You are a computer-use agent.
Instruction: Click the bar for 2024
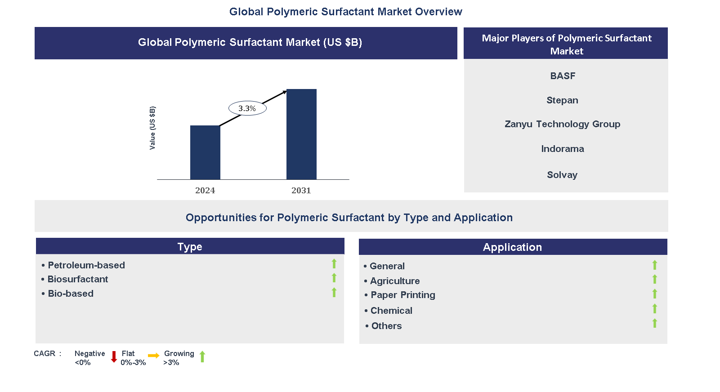click(x=205, y=152)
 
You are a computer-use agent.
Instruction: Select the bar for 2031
click(x=301, y=134)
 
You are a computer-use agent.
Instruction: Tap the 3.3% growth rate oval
click(x=247, y=108)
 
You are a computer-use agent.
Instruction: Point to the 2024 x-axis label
click(x=205, y=191)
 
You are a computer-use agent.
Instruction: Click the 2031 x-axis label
click(x=301, y=191)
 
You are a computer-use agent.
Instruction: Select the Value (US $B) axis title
click(x=152, y=128)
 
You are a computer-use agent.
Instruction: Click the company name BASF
click(x=563, y=76)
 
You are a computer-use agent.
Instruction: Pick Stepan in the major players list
click(x=563, y=100)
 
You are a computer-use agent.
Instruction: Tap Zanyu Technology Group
click(x=563, y=124)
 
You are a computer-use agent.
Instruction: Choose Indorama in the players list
click(x=563, y=149)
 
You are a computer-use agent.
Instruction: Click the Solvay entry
click(x=562, y=175)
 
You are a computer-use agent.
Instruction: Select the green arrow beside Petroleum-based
click(x=334, y=263)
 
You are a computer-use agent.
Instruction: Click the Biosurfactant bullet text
click(x=78, y=279)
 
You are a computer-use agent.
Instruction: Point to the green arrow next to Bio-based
click(x=334, y=292)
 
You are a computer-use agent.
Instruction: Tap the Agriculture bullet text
click(x=395, y=281)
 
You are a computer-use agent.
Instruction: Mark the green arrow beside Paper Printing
click(x=655, y=294)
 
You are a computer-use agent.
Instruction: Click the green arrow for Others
click(x=655, y=323)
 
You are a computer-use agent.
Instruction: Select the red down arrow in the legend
click(x=114, y=357)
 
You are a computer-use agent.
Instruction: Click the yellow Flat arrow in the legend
click(x=154, y=356)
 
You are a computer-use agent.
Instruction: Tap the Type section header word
click(x=190, y=247)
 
